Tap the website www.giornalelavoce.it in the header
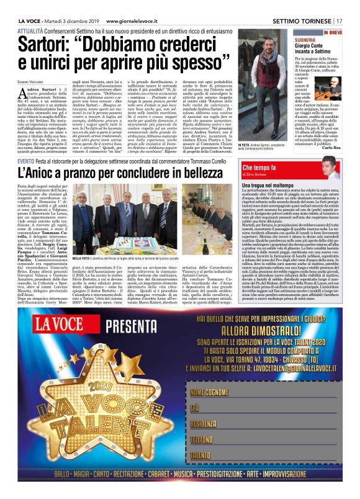122,6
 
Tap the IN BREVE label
333,31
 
